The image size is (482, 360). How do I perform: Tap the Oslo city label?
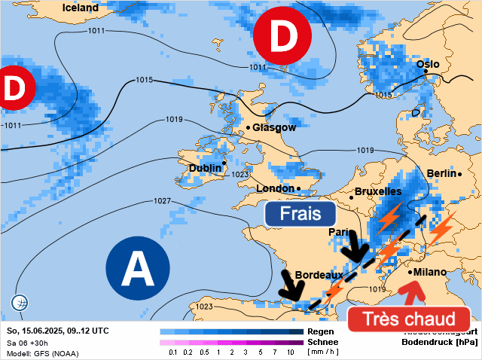(428, 64)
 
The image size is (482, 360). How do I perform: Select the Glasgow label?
(274, 127)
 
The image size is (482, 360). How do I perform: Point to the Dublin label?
(205, 168)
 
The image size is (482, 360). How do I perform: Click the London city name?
(275, 188)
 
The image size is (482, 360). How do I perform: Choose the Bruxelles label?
(377, 192)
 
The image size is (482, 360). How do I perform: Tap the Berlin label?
(441, 173)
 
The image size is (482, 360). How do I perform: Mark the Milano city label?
(429, 272)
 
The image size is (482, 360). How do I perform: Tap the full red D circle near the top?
(283, 36)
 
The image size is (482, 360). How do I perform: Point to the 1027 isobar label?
(162, 201)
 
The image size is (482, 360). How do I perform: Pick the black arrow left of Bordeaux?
(288, 285)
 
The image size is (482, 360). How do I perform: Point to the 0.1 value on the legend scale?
(173, 352)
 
